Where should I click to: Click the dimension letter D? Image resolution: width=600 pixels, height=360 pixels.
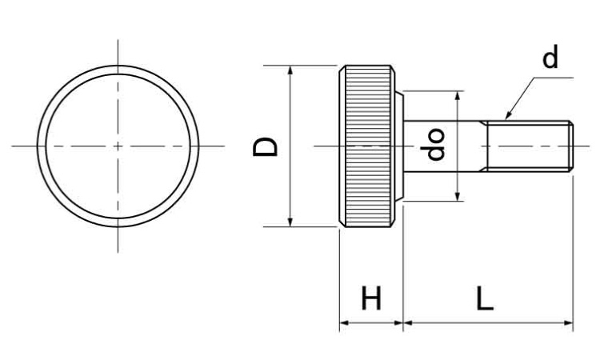(265, 147)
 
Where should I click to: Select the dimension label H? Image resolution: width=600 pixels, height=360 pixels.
(371, 298)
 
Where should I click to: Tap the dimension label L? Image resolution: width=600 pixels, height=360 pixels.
(485, 298)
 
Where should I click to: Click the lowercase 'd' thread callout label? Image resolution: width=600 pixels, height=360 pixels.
(550, 58)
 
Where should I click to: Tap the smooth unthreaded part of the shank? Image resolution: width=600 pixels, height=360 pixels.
(442, 146)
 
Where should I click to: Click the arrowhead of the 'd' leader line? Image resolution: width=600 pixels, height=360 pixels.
(508, 116)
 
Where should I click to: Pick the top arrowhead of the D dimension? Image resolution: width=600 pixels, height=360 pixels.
(290, 70)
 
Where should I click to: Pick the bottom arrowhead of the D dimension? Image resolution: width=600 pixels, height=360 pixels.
(290, 222)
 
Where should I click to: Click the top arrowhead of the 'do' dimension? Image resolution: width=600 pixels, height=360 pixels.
(458, 95)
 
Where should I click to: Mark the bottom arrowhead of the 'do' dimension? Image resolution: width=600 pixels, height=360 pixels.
(458, 197)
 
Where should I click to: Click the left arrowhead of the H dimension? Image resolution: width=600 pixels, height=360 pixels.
(344, 323)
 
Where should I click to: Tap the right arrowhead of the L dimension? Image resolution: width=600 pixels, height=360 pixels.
(569, 323)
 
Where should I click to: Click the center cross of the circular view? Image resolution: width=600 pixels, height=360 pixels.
(118, 146)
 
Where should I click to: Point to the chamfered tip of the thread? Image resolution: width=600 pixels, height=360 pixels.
(571, 146)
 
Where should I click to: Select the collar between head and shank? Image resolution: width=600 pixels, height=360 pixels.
(399, 146)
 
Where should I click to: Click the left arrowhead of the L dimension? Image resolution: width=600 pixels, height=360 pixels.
(408, 323)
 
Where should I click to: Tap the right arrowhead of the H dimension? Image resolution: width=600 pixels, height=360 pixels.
(398, 323)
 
